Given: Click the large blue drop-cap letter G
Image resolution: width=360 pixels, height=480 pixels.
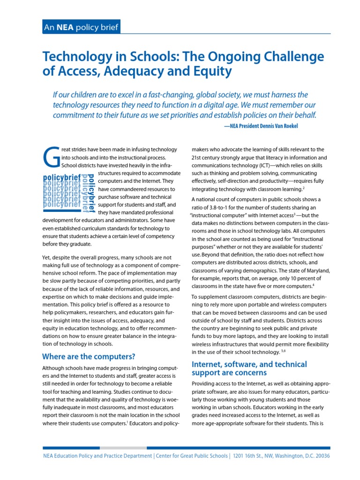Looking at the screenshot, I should [52, 157].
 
